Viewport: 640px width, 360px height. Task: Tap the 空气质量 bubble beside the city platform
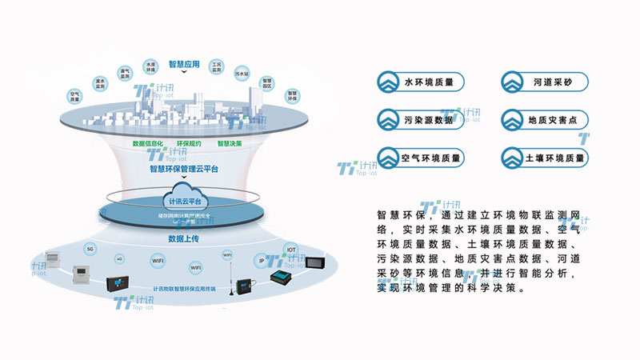click(75, 97)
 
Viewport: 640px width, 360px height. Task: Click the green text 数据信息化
click(148, 144)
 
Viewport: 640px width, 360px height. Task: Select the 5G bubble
click(90, 249)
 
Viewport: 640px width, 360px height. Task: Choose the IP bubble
click(262, 260)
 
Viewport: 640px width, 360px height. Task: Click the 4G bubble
click(119, 259)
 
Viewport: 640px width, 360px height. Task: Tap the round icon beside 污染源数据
click(390, 120)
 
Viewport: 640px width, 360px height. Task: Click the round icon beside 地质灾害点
click(512, 120)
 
